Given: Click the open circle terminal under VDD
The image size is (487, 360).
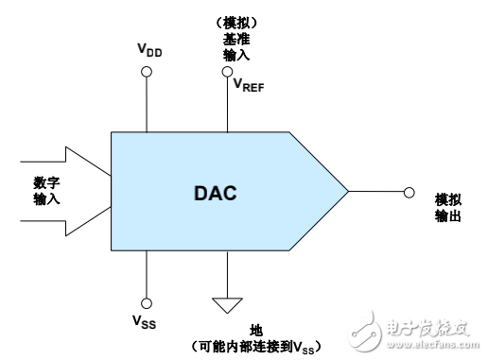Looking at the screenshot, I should [x=147, y=78].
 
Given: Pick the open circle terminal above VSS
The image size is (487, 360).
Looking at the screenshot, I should [x=147, y=290].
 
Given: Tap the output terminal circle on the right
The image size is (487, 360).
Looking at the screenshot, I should [x=408, y=193].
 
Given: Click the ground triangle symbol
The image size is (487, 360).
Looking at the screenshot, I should [x=227, y=303].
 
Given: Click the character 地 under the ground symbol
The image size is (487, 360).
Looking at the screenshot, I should [x=255, y=328].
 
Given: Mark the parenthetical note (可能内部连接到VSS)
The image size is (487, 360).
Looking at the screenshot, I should [x=257, y=344].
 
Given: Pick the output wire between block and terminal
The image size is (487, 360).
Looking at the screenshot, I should [x=376, y=193].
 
